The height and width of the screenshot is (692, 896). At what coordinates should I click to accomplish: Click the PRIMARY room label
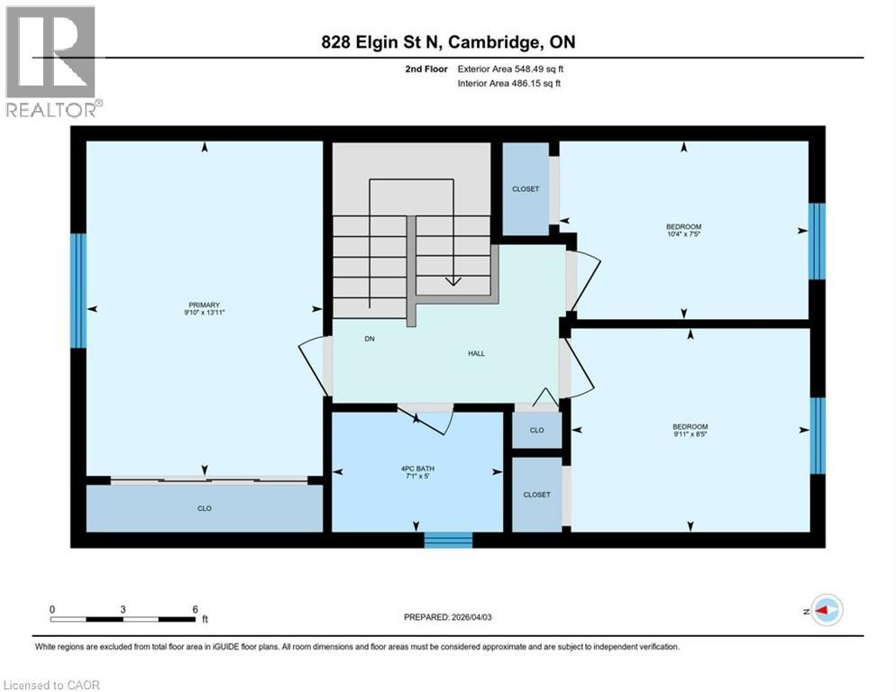click(205, 305)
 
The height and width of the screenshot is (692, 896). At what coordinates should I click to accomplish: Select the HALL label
click(476, 353)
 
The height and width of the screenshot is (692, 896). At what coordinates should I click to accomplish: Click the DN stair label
click(370, 340)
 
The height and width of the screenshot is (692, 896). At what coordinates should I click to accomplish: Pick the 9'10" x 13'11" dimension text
click(205, 314)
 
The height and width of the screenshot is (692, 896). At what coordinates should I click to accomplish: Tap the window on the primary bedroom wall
click(78, 291)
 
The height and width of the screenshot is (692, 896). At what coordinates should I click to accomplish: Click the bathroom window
click(448, 540)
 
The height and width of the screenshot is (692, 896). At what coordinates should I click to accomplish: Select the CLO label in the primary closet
click(205, 509)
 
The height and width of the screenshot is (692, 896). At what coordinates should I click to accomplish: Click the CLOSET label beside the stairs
click(525, 189)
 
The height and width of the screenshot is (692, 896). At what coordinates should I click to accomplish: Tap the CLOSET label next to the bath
click(536, 495)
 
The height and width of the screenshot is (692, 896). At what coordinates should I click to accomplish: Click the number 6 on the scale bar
click(195, 609)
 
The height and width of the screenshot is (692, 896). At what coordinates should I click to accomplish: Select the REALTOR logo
click(51, 61)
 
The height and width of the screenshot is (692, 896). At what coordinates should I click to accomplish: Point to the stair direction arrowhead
click(453, 281)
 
